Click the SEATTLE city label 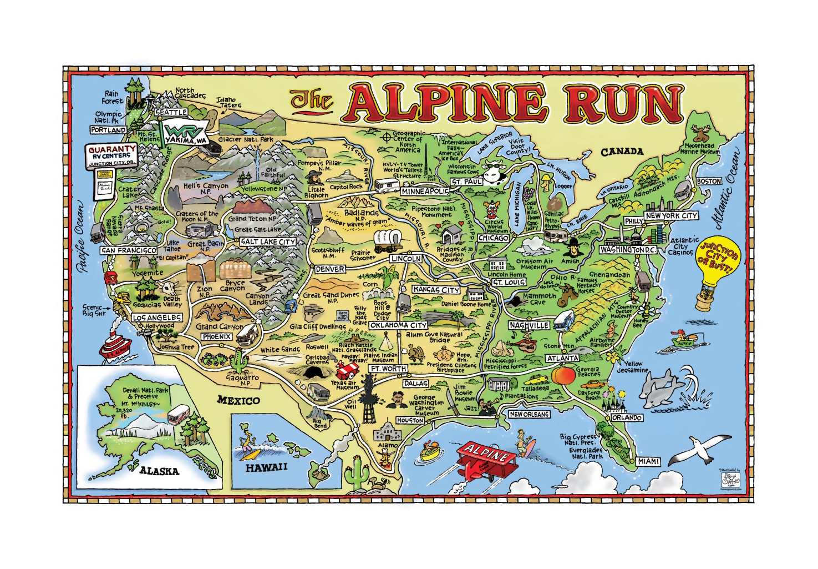click(x=171, y=112)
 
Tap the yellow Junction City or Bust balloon click(x=718, y=261)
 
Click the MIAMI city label click(x=648, y=461)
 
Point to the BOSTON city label click(x=709, y=182)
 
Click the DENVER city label click(x=330, y=269)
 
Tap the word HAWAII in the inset click(x=266, y=467)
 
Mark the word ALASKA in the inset click(x=159, y=471)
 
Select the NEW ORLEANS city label click(x=529, y=414)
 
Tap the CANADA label click(x=622, y=152)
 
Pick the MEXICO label click(x=238, y=400)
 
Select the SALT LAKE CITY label click(x=268, y=242)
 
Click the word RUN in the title click(x=624, y=104)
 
